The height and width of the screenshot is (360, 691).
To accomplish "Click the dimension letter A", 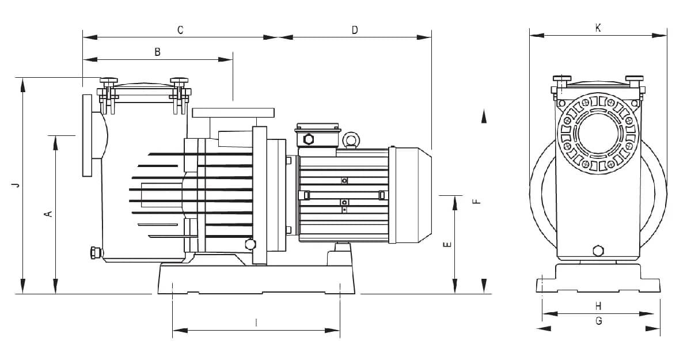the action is coord(49,214).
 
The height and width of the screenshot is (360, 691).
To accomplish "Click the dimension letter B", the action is coord(157,52).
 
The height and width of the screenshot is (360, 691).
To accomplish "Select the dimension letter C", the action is coord(180,30).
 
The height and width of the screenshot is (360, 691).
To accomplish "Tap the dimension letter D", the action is coord(355,30).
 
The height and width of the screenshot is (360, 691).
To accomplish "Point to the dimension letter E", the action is coord(447,244).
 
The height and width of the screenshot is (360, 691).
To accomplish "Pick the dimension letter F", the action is coord(477,202).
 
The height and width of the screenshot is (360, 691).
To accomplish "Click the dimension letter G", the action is coord(598,321).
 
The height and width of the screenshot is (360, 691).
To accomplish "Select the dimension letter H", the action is coord(598,306).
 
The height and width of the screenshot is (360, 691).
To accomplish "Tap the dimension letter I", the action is coord(256,323).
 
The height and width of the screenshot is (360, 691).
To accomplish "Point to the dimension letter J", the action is coord(16,185).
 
